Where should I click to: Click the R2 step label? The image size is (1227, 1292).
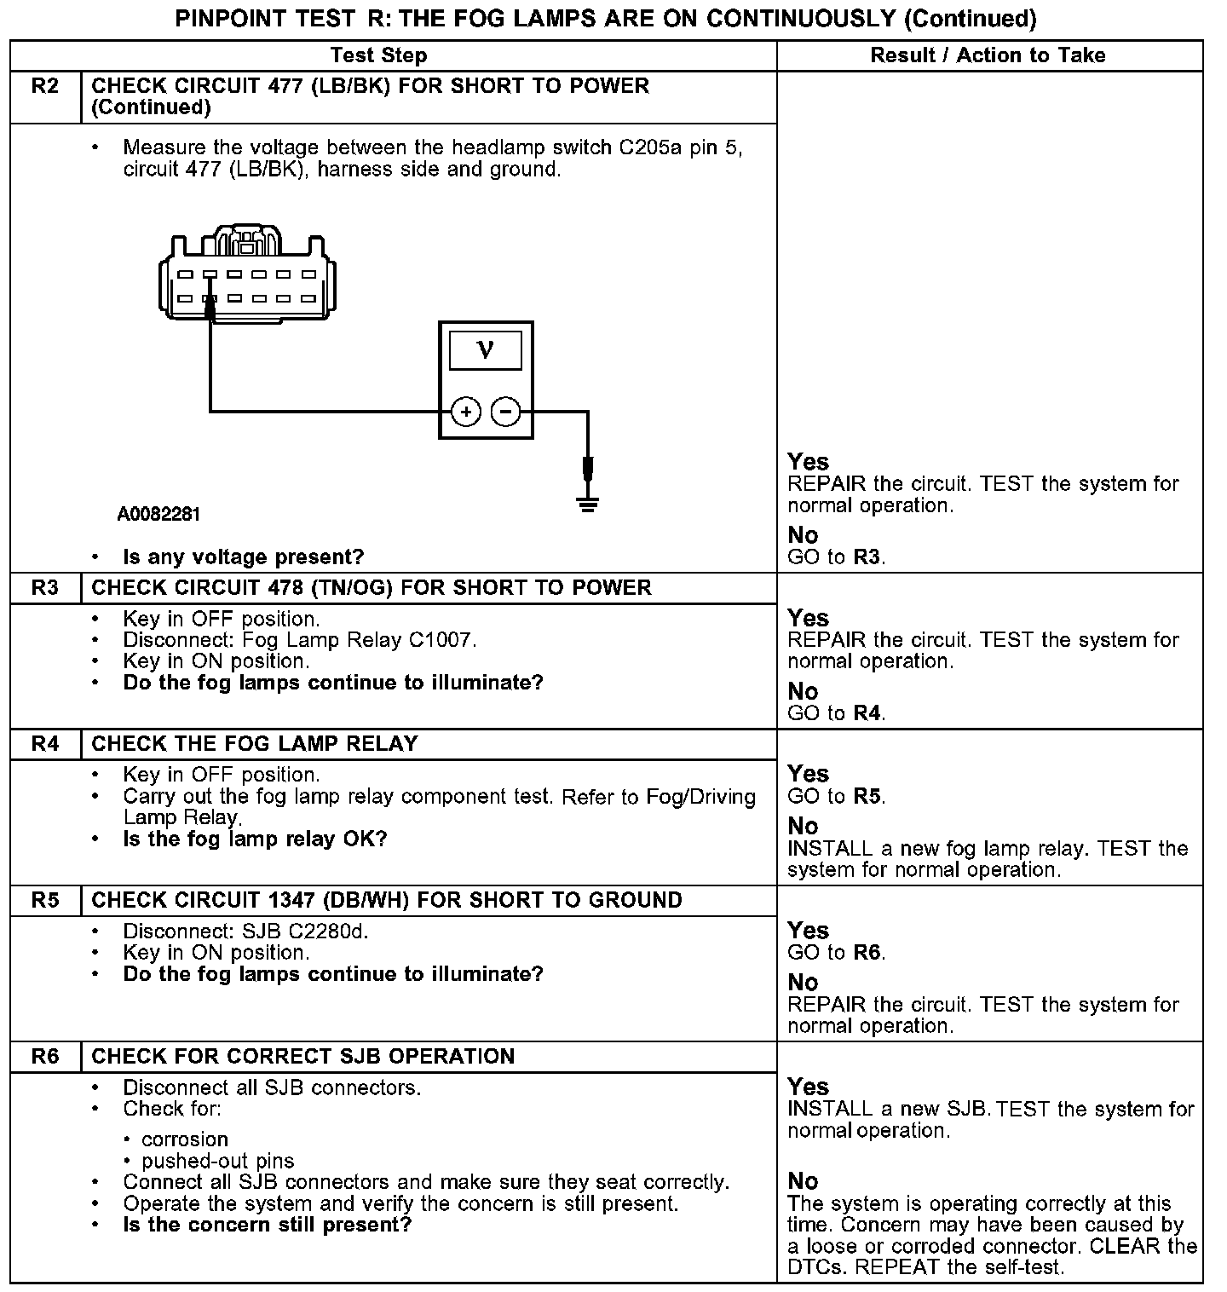[x=45, y=86]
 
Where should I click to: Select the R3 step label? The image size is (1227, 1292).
[x=45, y=588]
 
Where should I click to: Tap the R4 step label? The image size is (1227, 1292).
[x=45, y=744]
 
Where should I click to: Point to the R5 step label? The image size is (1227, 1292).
[x=45, y=901]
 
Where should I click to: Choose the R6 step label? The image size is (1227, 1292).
[x=45, y=1057]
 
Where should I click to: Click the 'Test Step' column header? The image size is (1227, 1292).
[x=378, y=55]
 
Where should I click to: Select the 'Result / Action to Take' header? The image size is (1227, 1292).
[x=988, y=55]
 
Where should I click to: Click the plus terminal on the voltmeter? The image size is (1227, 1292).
[x=465, y=412]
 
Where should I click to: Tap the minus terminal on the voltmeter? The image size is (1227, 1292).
[x=506, y=412]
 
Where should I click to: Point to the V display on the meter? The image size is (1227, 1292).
[x=486, y=349]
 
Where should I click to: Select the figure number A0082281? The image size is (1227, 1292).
[x=158, y=515]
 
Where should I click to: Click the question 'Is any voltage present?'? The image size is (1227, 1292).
[x=243, y=557]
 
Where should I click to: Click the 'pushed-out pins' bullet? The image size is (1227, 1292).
[x=217, y=1161]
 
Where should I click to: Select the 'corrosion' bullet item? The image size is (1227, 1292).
[x=185, y=1139]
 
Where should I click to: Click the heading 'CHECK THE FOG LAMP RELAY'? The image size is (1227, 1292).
[x=254, y=744]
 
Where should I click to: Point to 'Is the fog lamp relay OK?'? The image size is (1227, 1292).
[x=255, y=839]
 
